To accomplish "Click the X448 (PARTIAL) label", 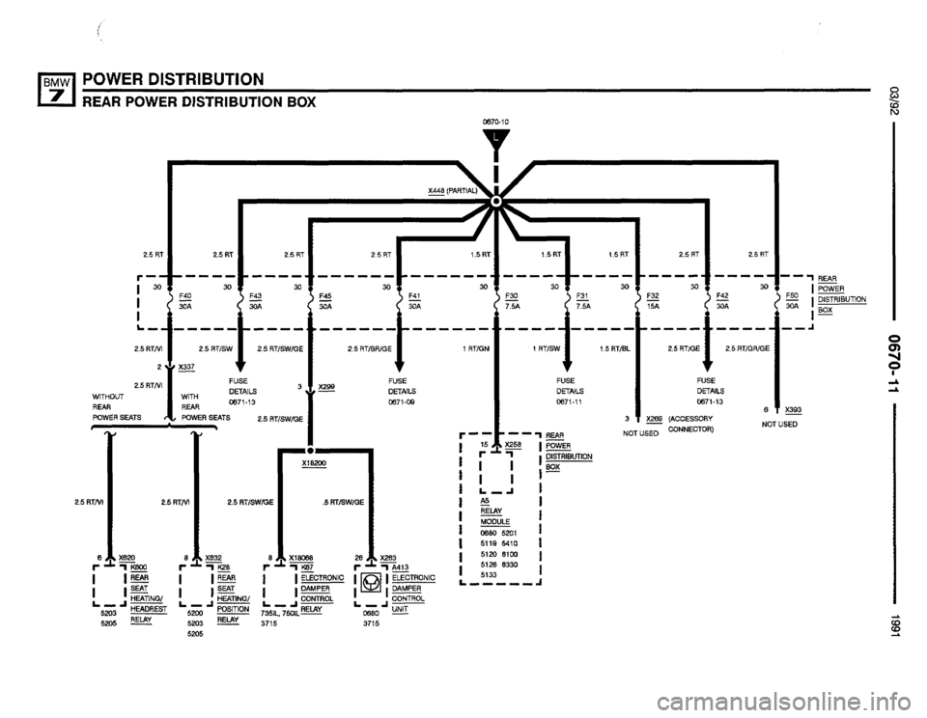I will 451,191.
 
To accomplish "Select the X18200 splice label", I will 312,465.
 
